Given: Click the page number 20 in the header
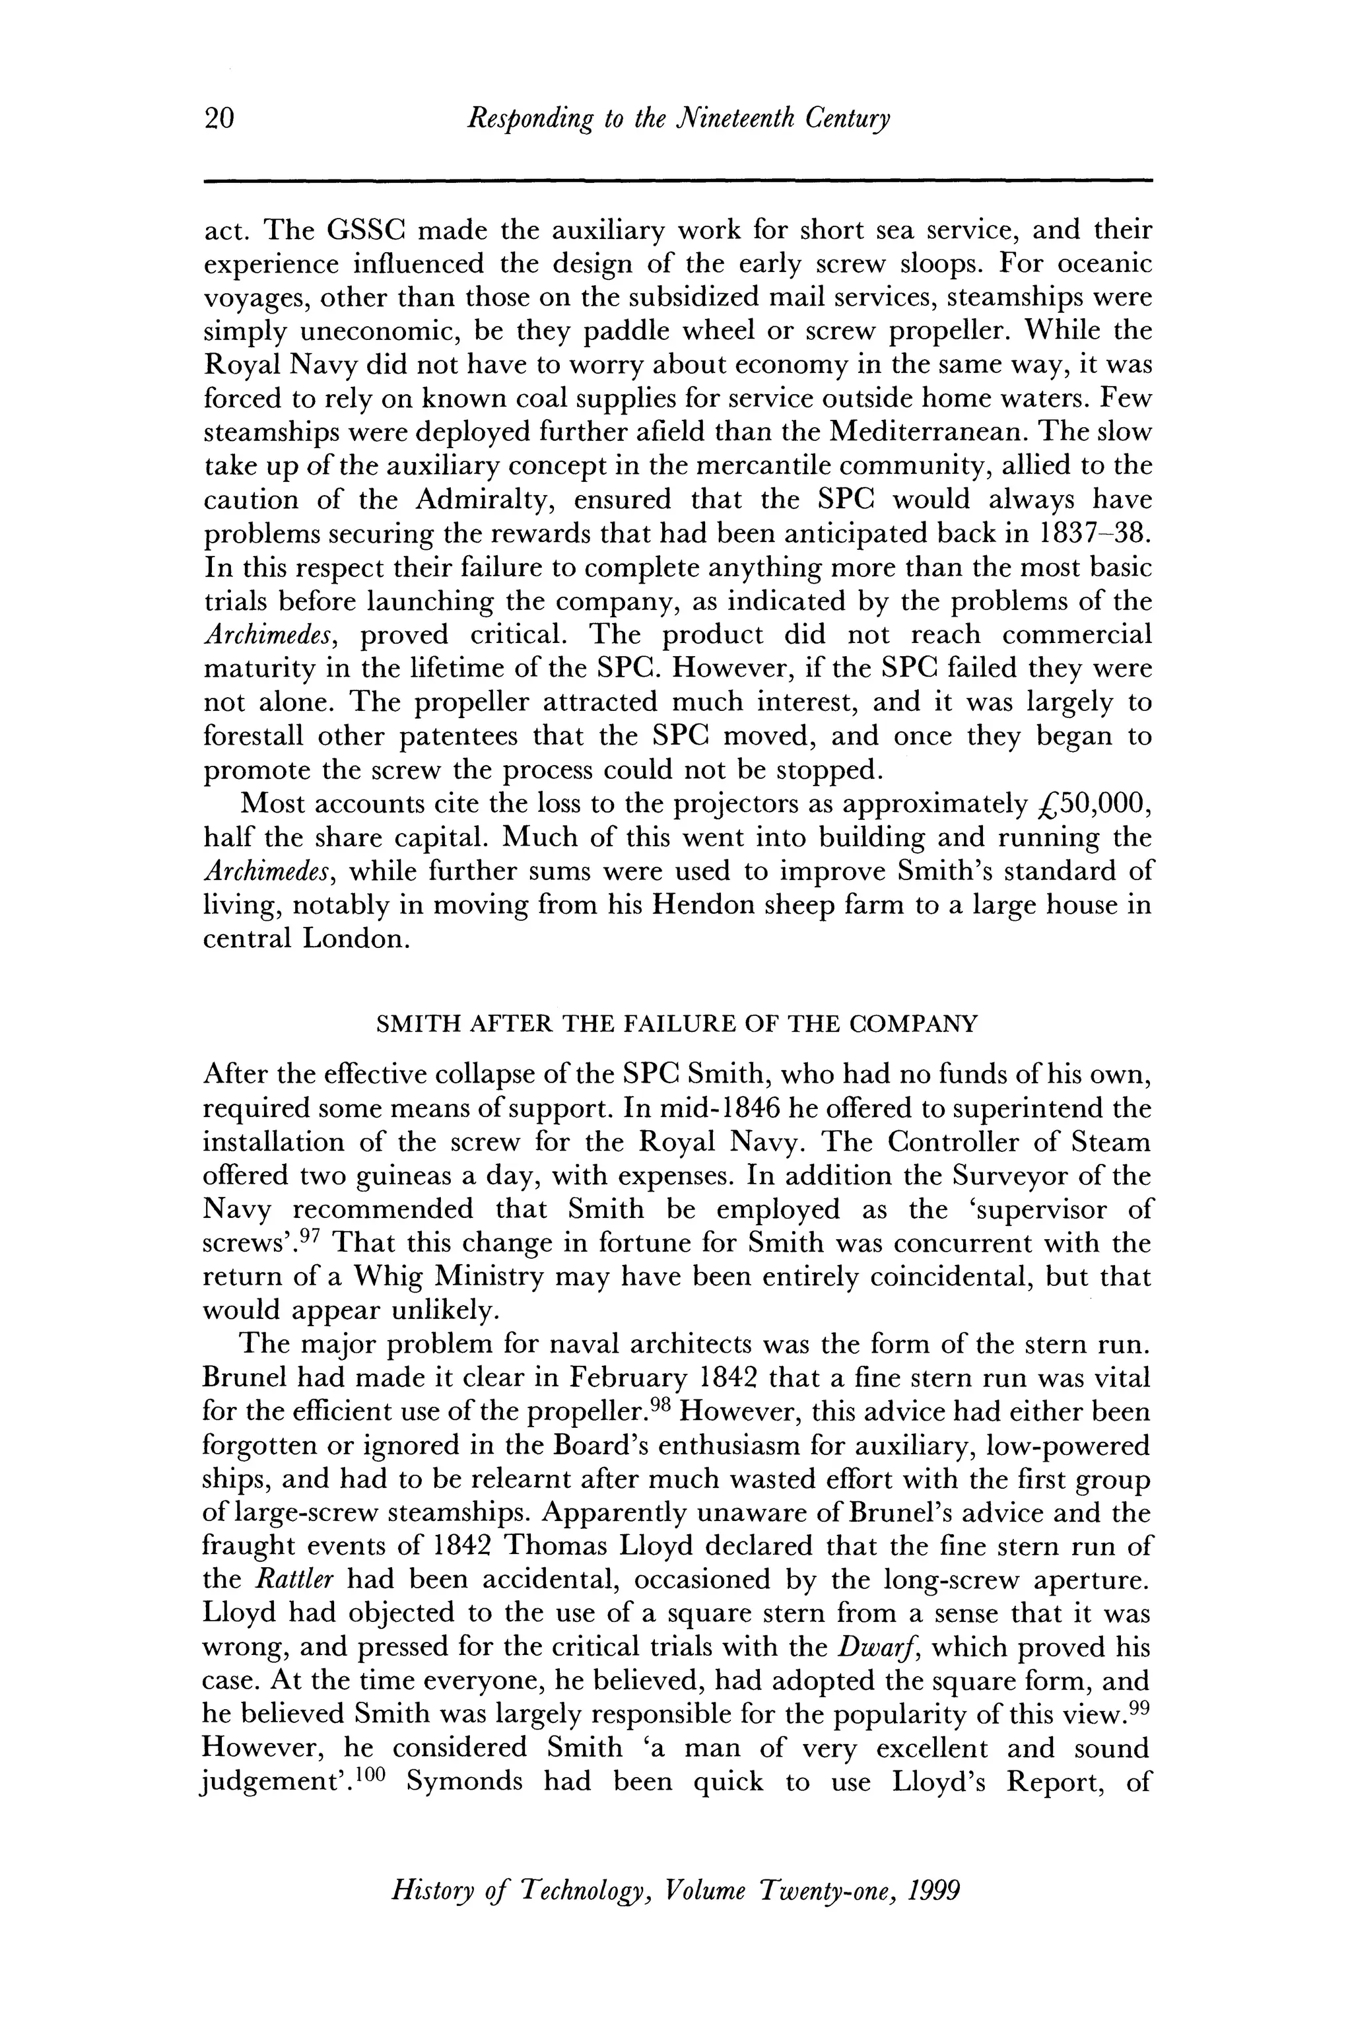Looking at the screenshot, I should (x=219, y=118).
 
